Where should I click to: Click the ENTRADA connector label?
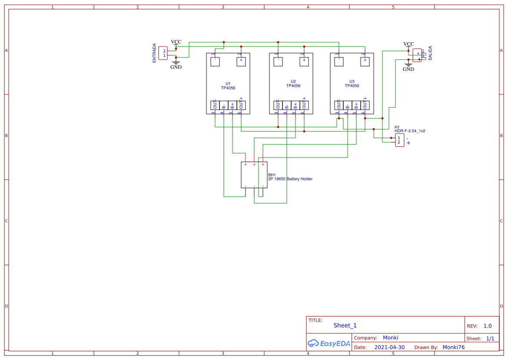(154, 53)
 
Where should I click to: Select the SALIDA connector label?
(430, 53)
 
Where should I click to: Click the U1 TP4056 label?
(228, 86)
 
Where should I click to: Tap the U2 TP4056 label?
(293, 83)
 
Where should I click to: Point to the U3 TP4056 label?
(352, 83)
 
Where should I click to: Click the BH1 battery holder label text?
(290, 177)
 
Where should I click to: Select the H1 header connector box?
(399, 140)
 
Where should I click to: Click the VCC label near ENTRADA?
(176, 42)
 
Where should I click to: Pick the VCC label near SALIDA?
(408, 44)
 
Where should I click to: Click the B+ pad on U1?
(232, 105)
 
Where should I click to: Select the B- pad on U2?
(287, 105)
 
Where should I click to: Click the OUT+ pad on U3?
(365, 105)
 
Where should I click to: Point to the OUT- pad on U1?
(215, 105)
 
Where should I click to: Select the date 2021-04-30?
(389, 347)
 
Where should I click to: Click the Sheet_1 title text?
(345, 325)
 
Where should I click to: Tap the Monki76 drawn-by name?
(453, 347)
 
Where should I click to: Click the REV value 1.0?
(488, 326)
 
